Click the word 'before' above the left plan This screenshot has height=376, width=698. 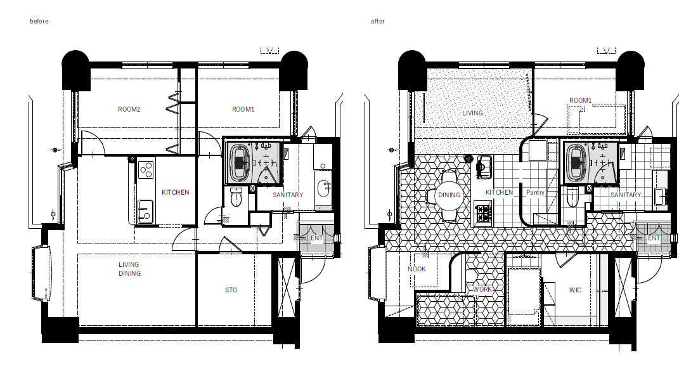click(39, 21)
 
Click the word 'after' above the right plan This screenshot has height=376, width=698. click(377, 21)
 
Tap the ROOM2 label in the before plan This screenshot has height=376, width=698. click(129, 109)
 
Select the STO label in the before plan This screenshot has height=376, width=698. click(231, 290)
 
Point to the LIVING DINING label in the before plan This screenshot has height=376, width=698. click(129, 269)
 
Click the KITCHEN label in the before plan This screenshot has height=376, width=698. click(176, 192)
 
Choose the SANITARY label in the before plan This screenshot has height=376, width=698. click(288, 195)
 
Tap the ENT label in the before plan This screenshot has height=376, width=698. click(316, 238)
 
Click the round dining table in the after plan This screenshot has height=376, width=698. click(449, 195)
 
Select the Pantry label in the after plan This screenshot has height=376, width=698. click(535, 192)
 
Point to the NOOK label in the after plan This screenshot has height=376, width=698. click(417, 269)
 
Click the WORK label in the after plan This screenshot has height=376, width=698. click(482, 288)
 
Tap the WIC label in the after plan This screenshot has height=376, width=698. click(575, 290)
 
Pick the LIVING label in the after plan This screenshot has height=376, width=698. click(472, 113)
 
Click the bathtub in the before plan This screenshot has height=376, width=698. click(240, 163)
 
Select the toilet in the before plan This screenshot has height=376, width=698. click(236, 197)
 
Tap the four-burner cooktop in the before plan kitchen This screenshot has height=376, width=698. click(146, 169)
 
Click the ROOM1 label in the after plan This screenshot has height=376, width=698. click(581, 101)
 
